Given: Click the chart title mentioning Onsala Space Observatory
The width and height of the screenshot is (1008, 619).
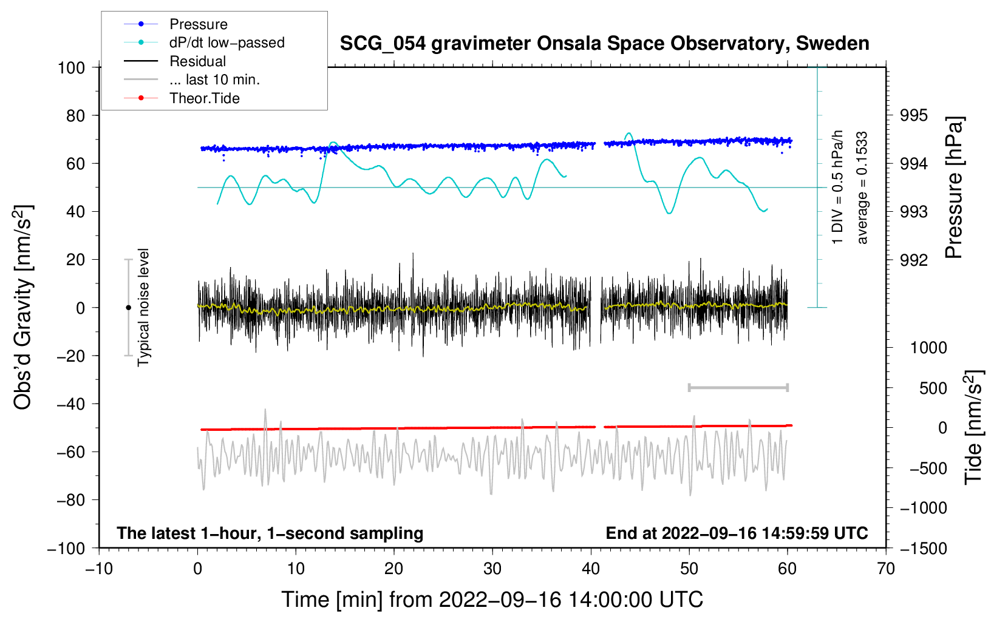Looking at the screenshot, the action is [x=604, y=44].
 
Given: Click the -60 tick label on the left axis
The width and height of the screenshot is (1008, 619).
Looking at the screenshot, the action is [x=70, y=452].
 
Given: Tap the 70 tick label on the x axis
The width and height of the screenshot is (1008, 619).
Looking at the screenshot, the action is [x=885, y=569].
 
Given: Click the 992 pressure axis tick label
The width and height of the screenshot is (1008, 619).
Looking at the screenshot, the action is [x=913, y=260].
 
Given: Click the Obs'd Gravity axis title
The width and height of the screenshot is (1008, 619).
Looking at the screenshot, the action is [x=22, y=308].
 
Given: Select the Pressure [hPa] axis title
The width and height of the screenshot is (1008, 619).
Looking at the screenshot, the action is [x=954, y=188].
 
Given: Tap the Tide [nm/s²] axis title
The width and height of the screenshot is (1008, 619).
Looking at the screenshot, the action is [x=973, y=427].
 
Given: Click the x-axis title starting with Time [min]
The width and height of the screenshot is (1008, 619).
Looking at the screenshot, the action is [x=492, y=600].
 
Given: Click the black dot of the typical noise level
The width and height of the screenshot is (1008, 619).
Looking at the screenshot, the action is [x=128, y=308].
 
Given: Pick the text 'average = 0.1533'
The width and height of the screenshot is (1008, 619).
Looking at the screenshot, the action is [x=861, y=188].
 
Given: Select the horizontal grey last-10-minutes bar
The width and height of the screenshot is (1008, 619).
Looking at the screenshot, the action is [x=738, y=387].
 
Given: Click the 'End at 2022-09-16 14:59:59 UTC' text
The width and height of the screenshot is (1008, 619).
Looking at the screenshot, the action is [x=737, y=533].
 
